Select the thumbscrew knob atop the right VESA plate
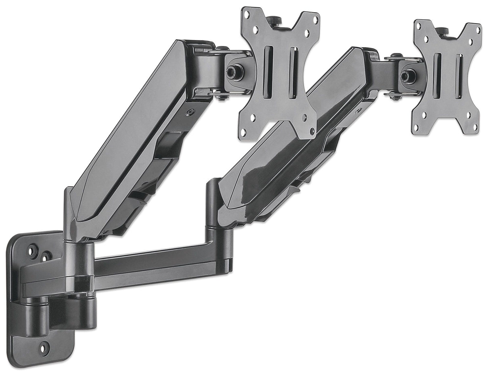[442, 32]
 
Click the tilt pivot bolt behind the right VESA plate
[407, 76]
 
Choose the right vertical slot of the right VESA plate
[459, 76]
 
